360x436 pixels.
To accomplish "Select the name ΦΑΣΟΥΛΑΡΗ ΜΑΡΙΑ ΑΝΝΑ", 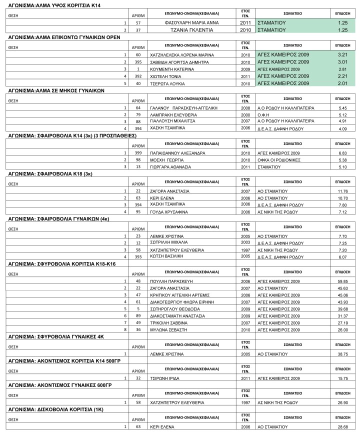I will (192, 23).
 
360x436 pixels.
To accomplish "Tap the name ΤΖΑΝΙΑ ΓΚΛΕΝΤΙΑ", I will (192, 30).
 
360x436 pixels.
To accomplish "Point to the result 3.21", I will (342, 54).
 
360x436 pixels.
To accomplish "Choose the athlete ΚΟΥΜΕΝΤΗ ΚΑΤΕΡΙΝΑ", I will (171, 69).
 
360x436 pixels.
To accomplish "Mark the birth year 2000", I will (245, 115).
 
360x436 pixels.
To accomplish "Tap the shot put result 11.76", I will (342, 191).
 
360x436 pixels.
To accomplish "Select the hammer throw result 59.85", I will (342, 281).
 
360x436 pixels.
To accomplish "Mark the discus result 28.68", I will (342, 427).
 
